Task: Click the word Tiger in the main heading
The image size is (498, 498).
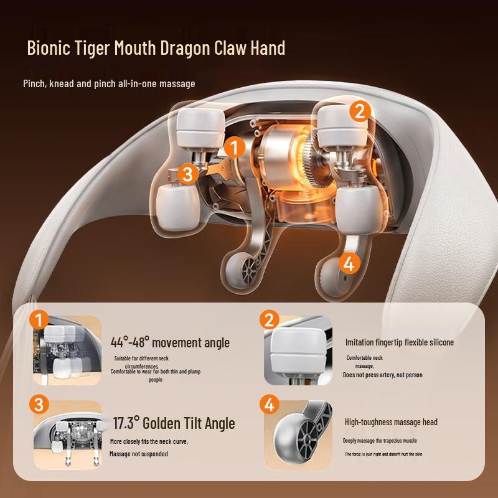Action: click(x=92, y=49)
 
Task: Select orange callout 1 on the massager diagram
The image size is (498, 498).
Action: click(x=235, y=148)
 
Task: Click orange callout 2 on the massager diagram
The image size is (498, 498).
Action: click(x=360, y=111)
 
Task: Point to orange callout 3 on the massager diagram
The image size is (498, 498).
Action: click(x=188, y=174)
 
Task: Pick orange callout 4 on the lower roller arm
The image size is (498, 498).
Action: click(x=349, y=263)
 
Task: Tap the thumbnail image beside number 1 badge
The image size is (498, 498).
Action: click(x=67, y=350)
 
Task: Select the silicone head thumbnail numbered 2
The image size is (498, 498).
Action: click(x=298, y=350)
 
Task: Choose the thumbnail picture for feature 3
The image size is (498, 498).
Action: click(x=68, y=436)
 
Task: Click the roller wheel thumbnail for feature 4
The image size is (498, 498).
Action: click(x=298, y=435)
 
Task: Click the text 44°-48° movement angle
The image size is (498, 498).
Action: click(x=170, y=342)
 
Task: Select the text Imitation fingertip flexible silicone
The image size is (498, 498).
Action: click(x=400, y=342)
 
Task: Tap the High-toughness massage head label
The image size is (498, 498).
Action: click(x=391, y=422)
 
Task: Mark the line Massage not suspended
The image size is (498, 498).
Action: click(x=138, y=454)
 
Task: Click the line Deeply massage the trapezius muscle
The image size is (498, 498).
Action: click(x=380, y=441)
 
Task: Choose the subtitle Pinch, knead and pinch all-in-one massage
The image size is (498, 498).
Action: click(x=109, y=84)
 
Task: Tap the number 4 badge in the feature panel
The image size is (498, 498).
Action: click(x=270, y=405)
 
